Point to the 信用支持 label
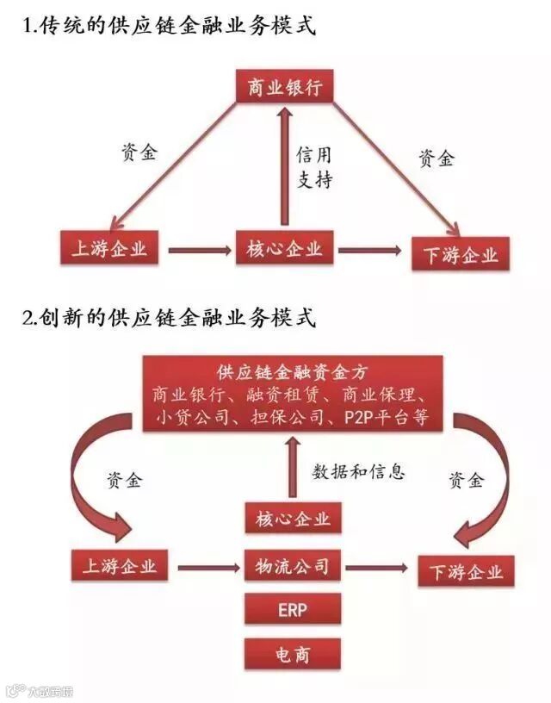click(x=314, y=168)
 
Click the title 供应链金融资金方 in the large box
click(x=293, y=373)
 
